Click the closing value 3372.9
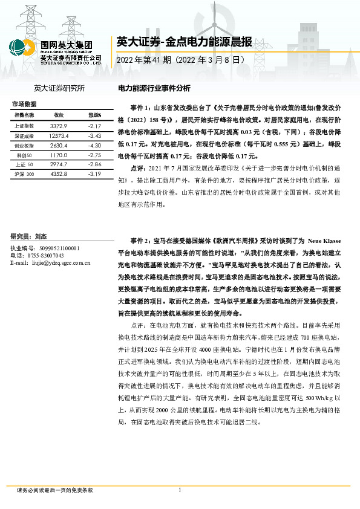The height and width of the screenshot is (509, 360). [x=58, y=126]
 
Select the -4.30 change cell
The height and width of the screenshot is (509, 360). [x=93, y=146]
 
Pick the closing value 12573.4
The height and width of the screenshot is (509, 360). [x=59, y=136]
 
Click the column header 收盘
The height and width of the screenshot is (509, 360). [x=58, y=115]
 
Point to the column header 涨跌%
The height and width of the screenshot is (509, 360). [x=94, y=115]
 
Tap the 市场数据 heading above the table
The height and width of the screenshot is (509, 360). [x=24, y=104]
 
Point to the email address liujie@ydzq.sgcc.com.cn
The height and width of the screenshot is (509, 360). [x=50, y=263]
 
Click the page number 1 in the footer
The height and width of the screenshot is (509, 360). [x=180, y=490]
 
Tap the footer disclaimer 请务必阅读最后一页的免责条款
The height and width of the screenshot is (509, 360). [x=55, y=490]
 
